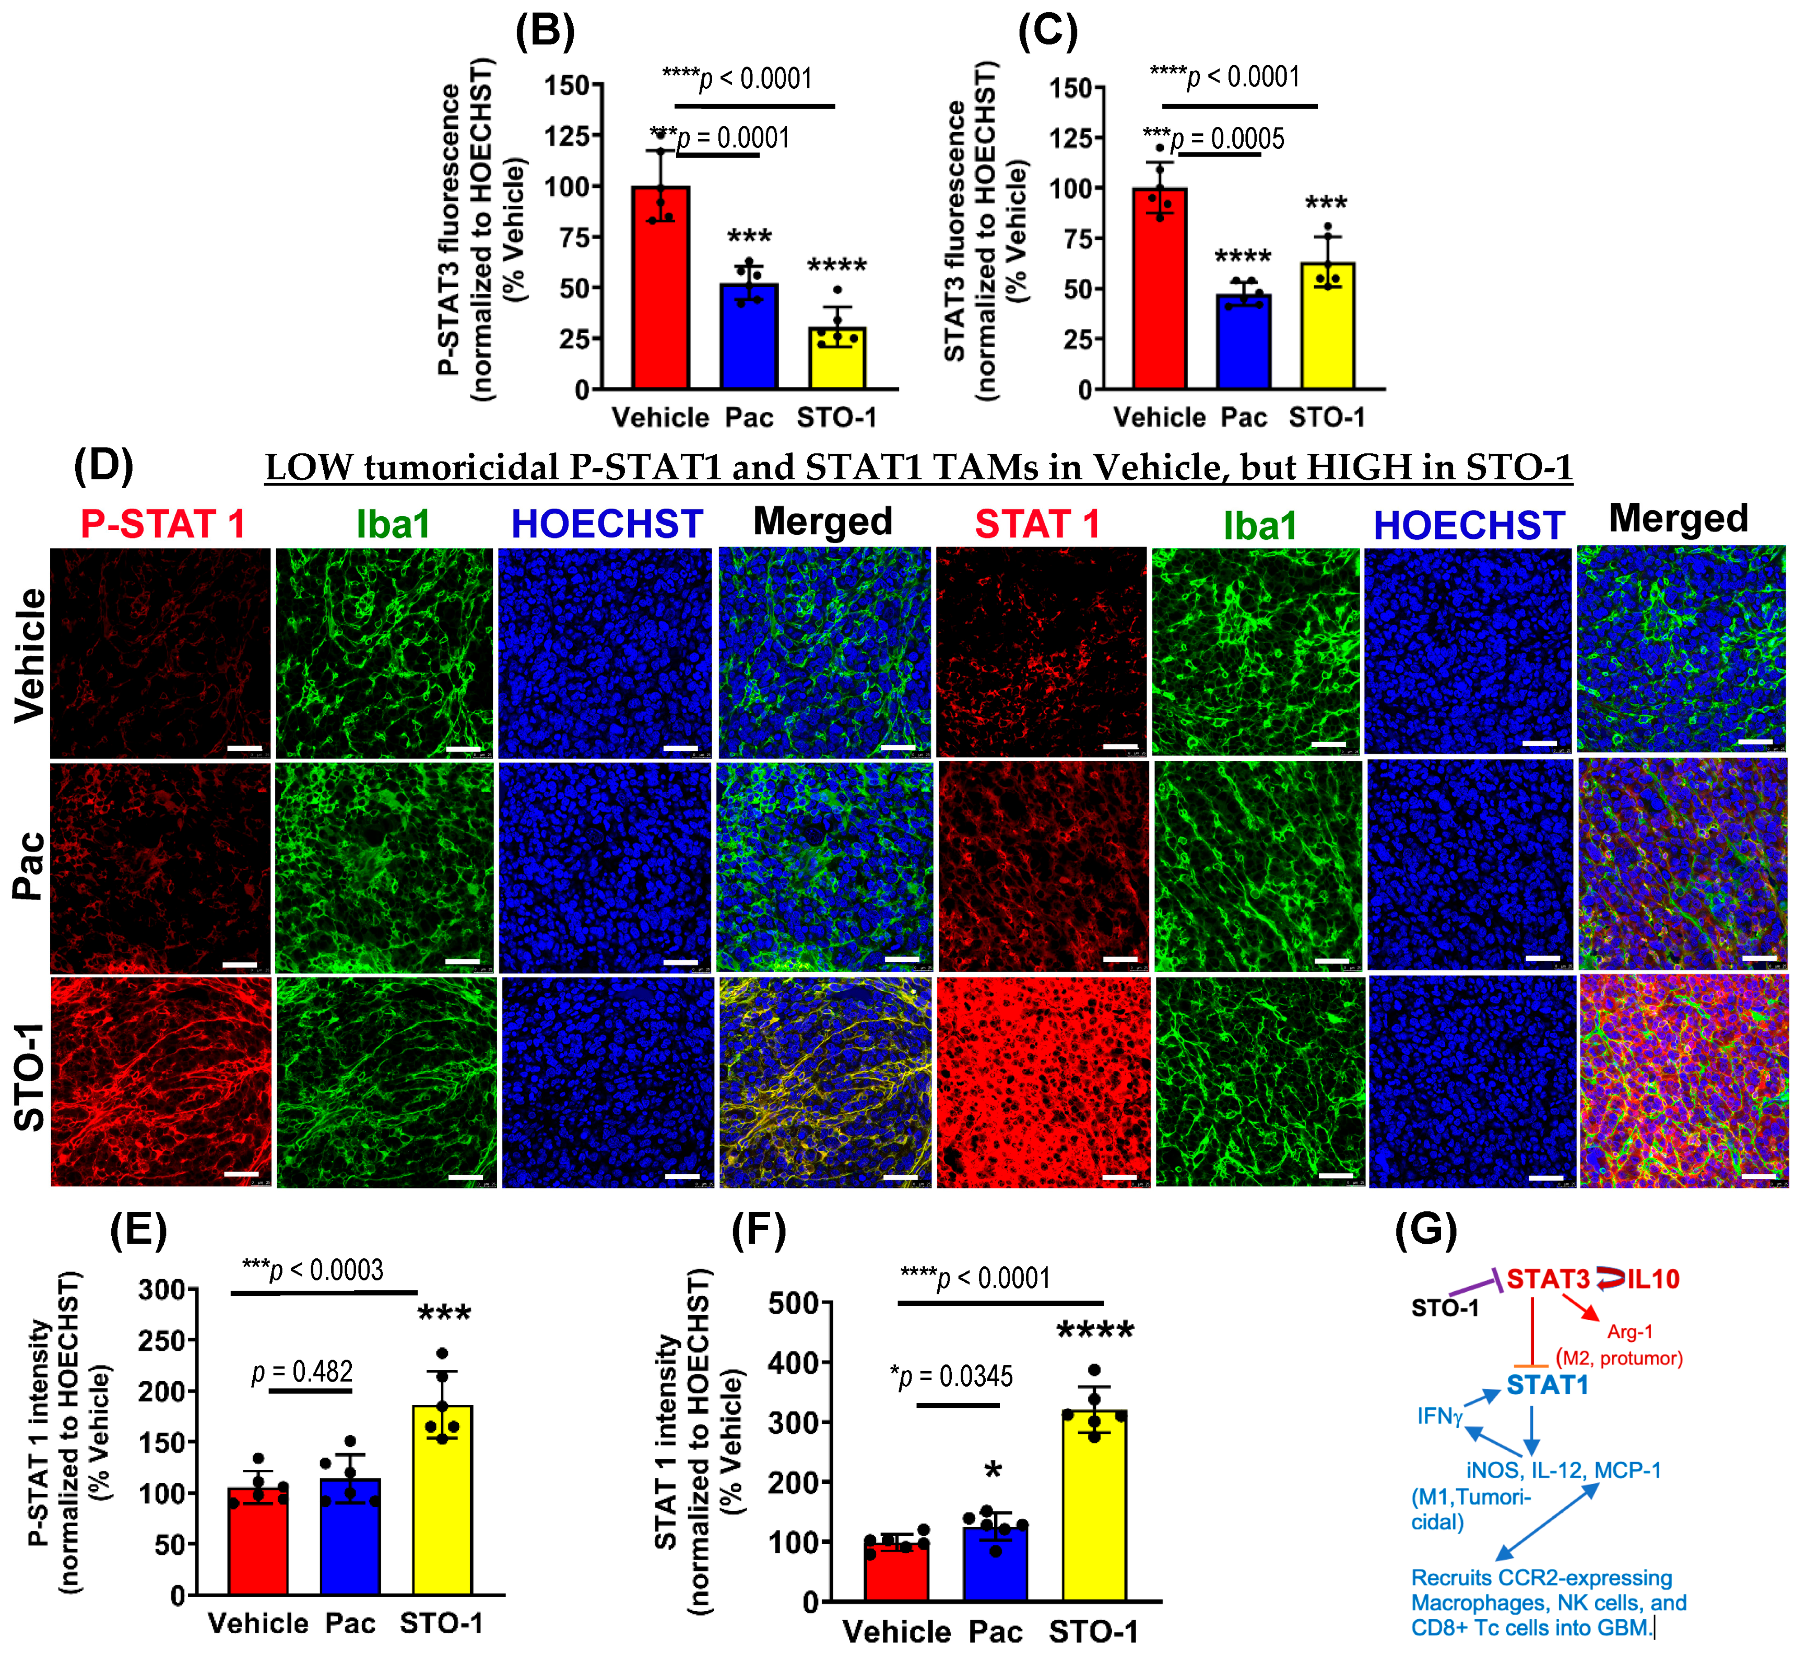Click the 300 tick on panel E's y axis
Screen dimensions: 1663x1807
click(x=162, y=1290)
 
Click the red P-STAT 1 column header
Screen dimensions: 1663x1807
click(x=163, y=524)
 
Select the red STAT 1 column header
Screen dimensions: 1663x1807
click(x=1037, y=524)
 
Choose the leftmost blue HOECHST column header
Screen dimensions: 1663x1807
click(x=607, y=524)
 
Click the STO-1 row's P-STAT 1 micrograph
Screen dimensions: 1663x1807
click(x=160, y=1082)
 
